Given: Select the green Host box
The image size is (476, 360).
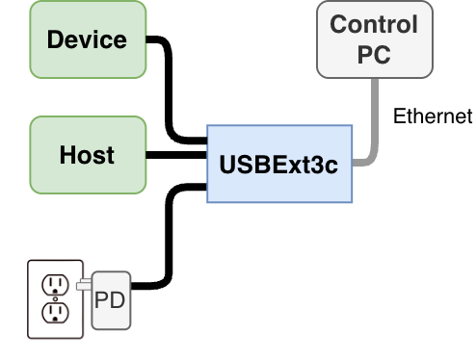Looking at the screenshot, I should (x=88, y=154).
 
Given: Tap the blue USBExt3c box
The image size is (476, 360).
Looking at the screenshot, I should (x=279, y=163).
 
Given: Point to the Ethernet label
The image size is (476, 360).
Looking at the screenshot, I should (x=433, y=116).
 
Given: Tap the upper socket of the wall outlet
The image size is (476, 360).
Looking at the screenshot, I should (x=54, y=284).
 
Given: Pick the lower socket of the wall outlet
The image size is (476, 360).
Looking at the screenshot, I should (x=54, y=313).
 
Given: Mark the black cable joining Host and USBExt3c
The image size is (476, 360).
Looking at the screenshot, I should (x=175, y=155).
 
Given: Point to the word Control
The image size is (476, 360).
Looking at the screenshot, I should (x=375, y=24).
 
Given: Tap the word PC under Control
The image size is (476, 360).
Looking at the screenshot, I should (x=375, y=54).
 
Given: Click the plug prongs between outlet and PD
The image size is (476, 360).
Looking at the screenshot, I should (x=84, y=283).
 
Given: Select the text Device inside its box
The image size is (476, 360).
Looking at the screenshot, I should (x=87, y=40).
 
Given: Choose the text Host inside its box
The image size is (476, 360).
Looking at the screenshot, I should (x=87, y=155).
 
